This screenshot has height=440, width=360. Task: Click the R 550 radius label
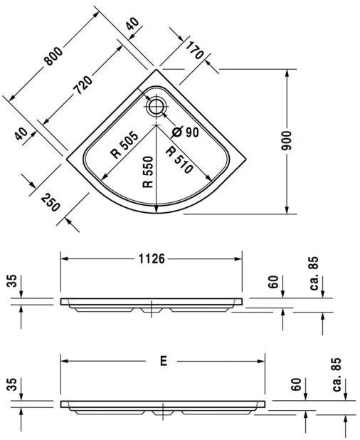click(x=149, y=172)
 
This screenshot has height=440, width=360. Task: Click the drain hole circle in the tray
click(x=156, y=107)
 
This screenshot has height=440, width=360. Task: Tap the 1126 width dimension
click(x=151, y=259)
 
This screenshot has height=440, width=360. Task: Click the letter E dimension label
click(x=163, y=362)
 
